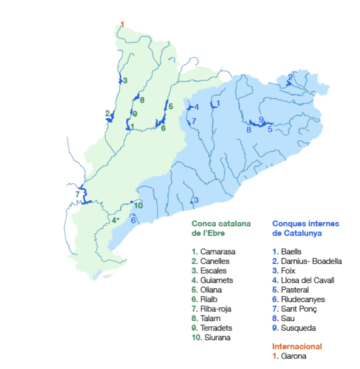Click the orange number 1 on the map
pyautogui.click(x=122, y=25)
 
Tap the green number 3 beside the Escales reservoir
pyautogui.click(x=125, y=81)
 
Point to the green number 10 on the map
pyautogui.click(x=138, y=205)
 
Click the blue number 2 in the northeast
pyautogui.click(x=290, y=77)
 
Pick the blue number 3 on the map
pyautogui.click(x=196, y=200)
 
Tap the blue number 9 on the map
pyautogui.click(x=261, y=119)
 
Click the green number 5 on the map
pyautogui.click(x=171, y=106)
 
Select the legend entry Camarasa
pyautogui.click(x=217, y=252)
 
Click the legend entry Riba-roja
pyautogui.click(x=216, y=309)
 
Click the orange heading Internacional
pyautogui.click(x=297, y=347)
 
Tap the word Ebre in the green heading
pyautogui.click(x=217, y=233)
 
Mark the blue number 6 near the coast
pyautogui.click(x=133, y=220)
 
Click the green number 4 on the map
pyautogui.click(x=114, y=220)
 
